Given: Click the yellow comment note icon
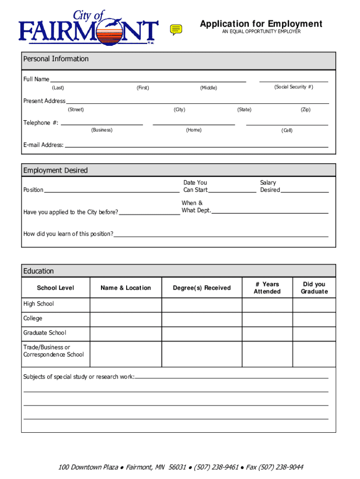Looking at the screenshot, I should (x=176, y=29).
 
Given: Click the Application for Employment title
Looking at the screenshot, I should (x=261, y=24).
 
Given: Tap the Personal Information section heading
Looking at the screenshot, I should (x=56, y=59).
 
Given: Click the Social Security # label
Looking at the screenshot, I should (x=294, y=87).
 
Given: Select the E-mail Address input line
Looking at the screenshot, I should (x=196, y=146).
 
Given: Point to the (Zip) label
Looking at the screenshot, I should (x=305, y=109).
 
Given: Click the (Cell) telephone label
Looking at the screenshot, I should (x=287, y=130).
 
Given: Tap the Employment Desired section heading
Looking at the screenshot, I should (x=56, y=170).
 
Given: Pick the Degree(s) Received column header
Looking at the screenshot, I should (x=202, y=288).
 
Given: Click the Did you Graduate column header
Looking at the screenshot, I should (x=314, y=288).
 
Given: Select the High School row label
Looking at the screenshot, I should (x=39, y=304).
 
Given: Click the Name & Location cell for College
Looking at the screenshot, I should (x=126, y=319).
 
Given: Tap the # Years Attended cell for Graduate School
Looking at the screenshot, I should (x=267, y=334).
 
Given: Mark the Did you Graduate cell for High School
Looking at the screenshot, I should (x=314, y=305).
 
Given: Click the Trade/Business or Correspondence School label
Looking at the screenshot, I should (x=53, y=351).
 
